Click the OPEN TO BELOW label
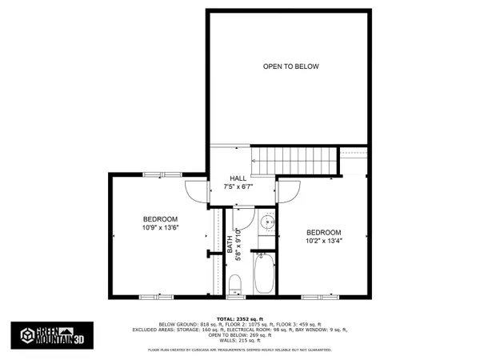291,66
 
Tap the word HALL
238,178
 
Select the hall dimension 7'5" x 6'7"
238,187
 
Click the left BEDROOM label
160,218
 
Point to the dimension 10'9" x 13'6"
160,227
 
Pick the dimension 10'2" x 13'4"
323,240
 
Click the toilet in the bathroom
235,284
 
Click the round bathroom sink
268,223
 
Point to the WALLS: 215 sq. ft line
240,342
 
